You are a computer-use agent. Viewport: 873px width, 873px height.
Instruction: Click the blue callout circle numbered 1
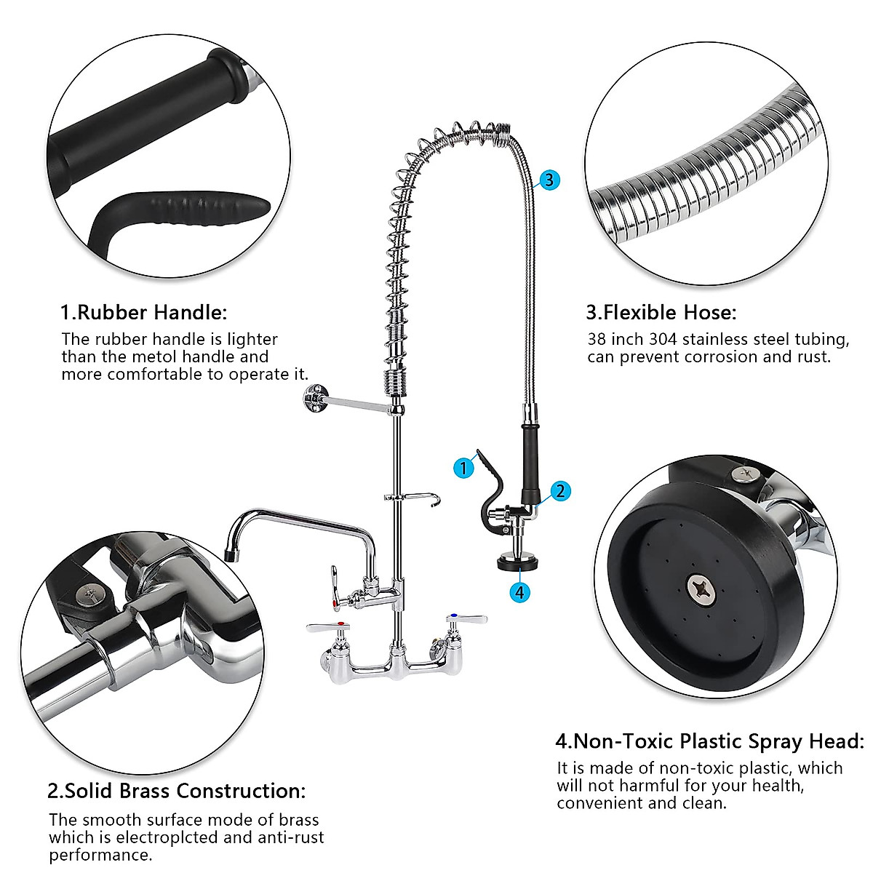(463, 468)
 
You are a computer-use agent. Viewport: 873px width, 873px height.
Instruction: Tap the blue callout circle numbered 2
(559, 491)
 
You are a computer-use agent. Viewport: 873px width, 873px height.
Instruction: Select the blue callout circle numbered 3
(549, 180)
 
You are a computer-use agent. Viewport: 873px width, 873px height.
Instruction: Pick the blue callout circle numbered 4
(519, 592)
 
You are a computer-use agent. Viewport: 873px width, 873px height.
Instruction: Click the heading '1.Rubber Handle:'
(143, 313)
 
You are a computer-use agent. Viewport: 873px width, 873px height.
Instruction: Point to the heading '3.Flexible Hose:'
(661, 313)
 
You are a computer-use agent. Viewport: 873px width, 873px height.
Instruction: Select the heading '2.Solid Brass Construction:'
(177, 791)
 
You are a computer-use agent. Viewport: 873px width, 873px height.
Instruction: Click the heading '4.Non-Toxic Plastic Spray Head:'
(710, 741)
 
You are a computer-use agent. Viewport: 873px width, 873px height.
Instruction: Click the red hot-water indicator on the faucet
(335, 603)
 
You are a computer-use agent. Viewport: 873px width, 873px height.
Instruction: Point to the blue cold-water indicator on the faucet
(453, 617)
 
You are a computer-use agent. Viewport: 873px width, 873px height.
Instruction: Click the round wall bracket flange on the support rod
(313, 397)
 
